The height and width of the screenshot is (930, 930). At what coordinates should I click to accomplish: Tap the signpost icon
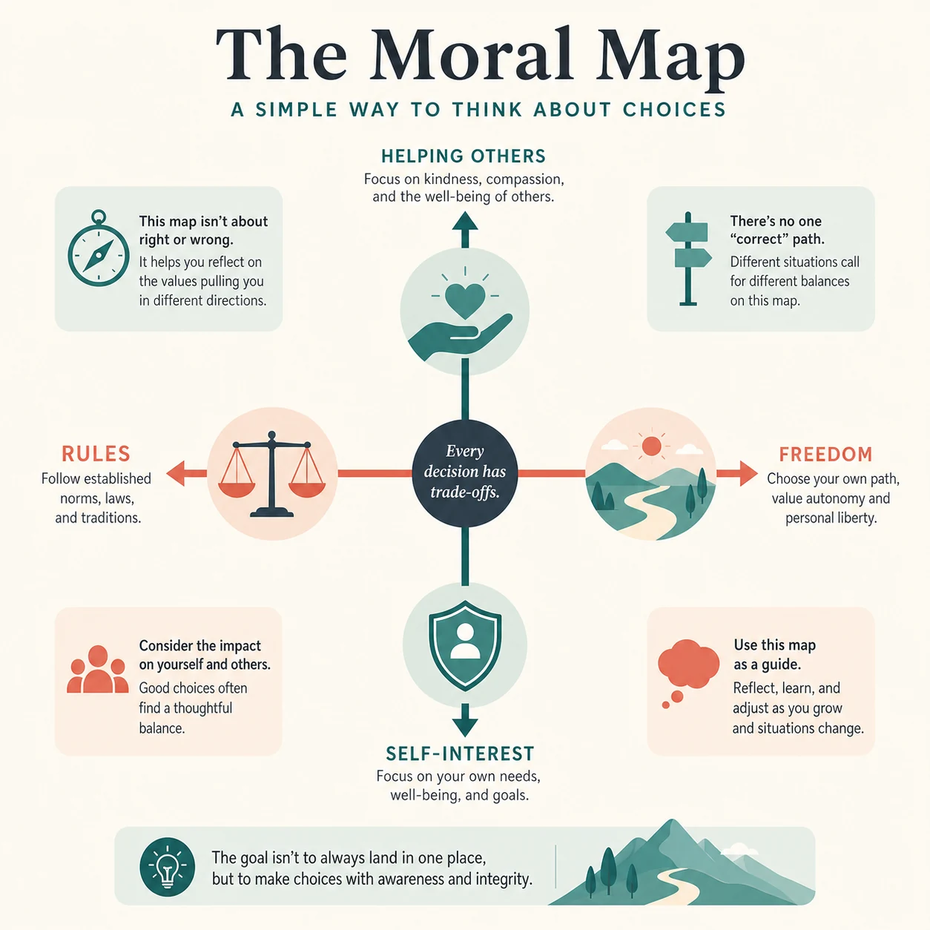tap(688, 259)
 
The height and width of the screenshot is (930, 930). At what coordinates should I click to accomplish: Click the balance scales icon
tap(271, 475)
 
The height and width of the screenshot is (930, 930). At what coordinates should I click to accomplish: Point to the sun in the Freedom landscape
tap(652, 446)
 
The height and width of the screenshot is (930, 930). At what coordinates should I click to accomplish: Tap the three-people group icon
tap(98, 670)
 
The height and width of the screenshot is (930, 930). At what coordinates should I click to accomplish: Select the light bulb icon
tap(167, 866)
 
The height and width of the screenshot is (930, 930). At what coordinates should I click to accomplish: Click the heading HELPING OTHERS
tap(464, 156)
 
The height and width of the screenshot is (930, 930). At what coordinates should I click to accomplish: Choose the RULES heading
tap(96, 454)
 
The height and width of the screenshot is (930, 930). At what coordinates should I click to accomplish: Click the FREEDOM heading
tap(825, 454)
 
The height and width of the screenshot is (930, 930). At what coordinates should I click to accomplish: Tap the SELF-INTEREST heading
tap(460, 753)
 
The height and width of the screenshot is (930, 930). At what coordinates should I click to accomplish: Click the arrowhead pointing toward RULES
tap(176, 473)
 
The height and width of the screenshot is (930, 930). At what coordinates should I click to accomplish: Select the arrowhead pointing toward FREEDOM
tap(748, 473)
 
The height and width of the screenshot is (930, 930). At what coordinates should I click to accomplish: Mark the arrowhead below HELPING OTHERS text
tap(465, 221)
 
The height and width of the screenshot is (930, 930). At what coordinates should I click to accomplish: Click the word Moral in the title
tap(470, 55)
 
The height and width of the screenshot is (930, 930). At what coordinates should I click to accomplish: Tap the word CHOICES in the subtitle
tap(674, 110)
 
